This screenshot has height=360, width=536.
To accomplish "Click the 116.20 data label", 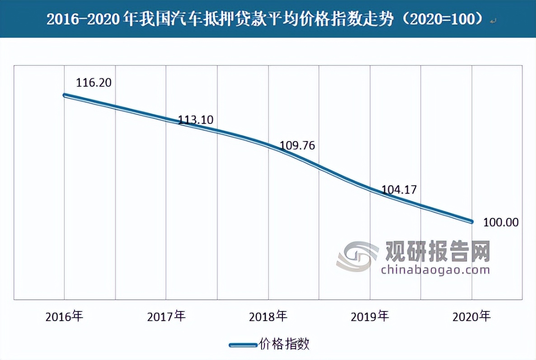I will click(x=94, y=83).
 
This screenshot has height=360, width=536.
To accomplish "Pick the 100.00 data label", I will click(x=501, y=223).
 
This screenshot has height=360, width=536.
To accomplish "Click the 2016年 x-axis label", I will click(x=65, y=316).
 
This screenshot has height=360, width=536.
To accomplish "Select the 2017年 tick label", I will click(x=166, y=316).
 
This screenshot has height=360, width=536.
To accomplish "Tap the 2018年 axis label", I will click(x=268, y=316).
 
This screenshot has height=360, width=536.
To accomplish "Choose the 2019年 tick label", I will click(x=370, y=316).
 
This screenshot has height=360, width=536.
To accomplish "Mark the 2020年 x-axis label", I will click(x=472, y=316).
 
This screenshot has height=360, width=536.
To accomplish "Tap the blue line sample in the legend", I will click(x=243, y=345).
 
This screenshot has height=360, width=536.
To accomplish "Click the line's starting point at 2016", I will click(x=65, y=95).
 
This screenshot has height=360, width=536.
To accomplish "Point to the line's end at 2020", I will click(x=471, y=222).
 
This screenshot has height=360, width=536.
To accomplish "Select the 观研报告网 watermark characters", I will click(x=437, y=251).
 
